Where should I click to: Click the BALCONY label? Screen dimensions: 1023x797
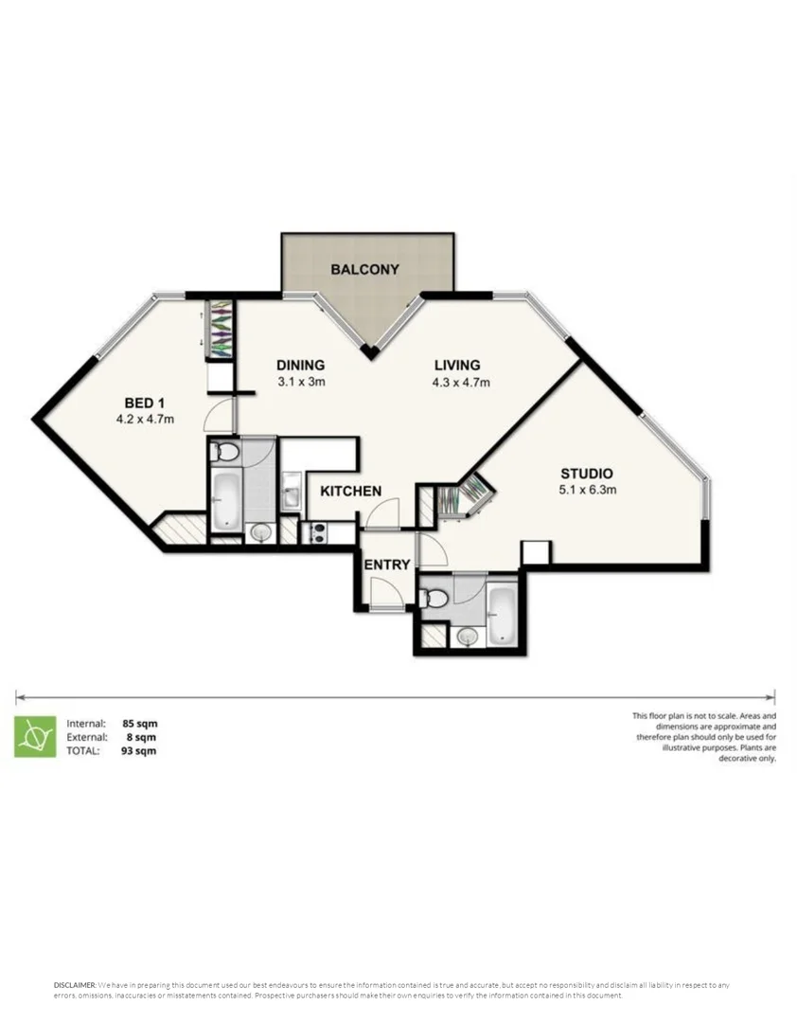364,270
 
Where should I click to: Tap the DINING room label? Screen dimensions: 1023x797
301,366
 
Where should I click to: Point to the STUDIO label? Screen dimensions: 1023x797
587,474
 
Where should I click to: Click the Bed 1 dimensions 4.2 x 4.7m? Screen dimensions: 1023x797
145,418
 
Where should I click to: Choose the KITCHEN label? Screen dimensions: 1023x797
350,491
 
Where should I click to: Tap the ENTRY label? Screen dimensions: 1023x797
387,565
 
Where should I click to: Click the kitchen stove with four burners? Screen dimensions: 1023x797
313,533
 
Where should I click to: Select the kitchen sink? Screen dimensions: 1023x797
290,494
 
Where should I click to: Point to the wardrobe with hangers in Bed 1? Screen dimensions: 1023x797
219,329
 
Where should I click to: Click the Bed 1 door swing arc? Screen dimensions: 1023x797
220,414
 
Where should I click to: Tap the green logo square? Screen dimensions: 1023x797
34,736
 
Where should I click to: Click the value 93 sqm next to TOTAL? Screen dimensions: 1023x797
140,751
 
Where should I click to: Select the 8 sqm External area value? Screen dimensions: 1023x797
140,737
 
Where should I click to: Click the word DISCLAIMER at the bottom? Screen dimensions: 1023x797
74,986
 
